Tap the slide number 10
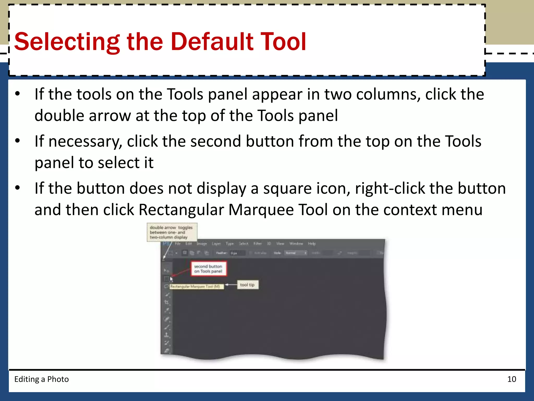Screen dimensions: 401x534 tap(512, 379)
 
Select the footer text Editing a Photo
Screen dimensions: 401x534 tap(41, 379)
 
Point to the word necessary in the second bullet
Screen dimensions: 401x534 tap(85, 142)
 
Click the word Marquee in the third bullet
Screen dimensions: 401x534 tap(261, 210)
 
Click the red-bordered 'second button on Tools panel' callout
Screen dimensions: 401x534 tap(208, 269)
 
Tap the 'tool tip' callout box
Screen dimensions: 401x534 tap(247, 285)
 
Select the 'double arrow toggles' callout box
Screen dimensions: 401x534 tap(172, 232)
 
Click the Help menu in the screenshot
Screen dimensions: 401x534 tap(312, 244)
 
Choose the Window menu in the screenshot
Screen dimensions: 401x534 tap(296, 244)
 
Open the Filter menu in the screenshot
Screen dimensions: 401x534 tap(258, 244)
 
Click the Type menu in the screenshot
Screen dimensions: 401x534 tap(230, 244)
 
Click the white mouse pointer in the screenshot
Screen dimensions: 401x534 tap(171, 279)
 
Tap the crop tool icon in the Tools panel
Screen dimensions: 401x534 tap(167, 302)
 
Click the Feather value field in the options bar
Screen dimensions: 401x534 tap(237, 253)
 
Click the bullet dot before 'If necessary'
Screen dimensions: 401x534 tap(17, 141)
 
